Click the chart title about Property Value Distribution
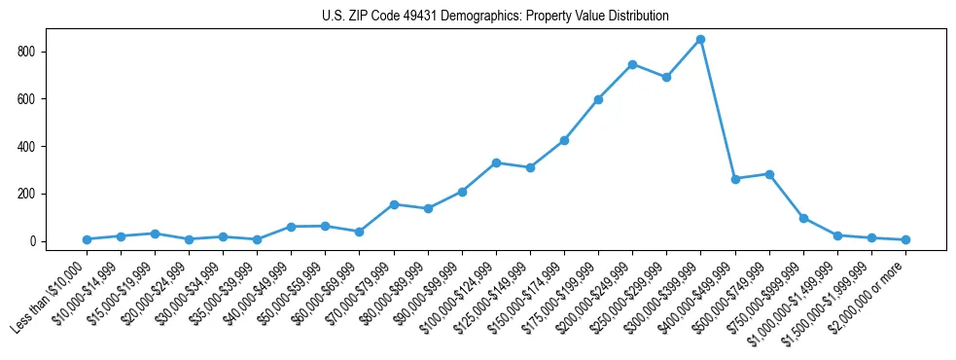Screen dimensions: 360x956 pos(495,17)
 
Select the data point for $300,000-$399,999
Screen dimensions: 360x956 pos(700,40)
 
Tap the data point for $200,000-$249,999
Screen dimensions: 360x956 pos(632,64)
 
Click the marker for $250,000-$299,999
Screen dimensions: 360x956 pos(666,77)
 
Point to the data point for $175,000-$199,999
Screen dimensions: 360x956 pos(598,99)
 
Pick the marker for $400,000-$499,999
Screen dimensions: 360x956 pos(735,179)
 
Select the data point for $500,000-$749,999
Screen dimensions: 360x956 pos(769,174)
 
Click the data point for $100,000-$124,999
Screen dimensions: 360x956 pos(496,162)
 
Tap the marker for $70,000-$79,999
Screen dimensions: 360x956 pos(394,204)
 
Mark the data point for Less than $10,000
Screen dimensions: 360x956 pos(87,239)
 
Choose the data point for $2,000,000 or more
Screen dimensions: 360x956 pos(905,239)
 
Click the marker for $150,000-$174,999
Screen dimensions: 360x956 pos(564,140)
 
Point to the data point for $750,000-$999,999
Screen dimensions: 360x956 pos(803,218)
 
